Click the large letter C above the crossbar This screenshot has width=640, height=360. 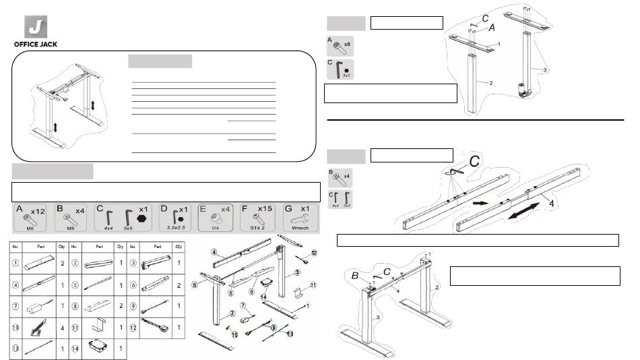[474, 163]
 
